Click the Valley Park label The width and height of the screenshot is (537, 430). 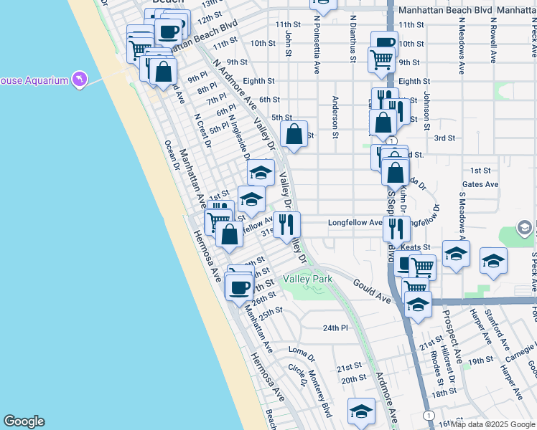pyautogui.click(x=307, y=278)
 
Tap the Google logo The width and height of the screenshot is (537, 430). pyautogui.click(x=24, y=421)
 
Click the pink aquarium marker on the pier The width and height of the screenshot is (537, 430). pyautogui.click(x=79, y=79)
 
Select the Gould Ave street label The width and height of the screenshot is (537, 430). pyautogui.click(x=371, y=290)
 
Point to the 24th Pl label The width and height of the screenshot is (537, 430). pyautogui.click(x=335, y=328)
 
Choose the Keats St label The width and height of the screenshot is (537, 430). pyautogui.click(x=415, y=247)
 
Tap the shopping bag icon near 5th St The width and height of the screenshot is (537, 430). pyautogui.click(x=294, y=133)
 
